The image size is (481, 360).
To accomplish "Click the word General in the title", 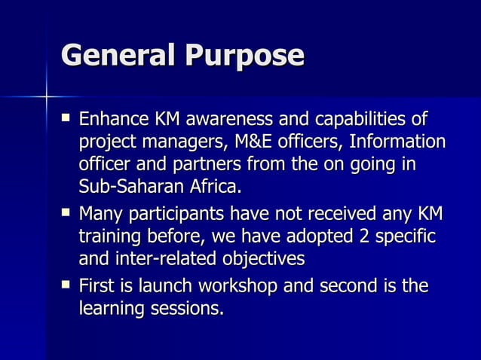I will coord(114,56).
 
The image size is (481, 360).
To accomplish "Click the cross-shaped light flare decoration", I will coord(46,97).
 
